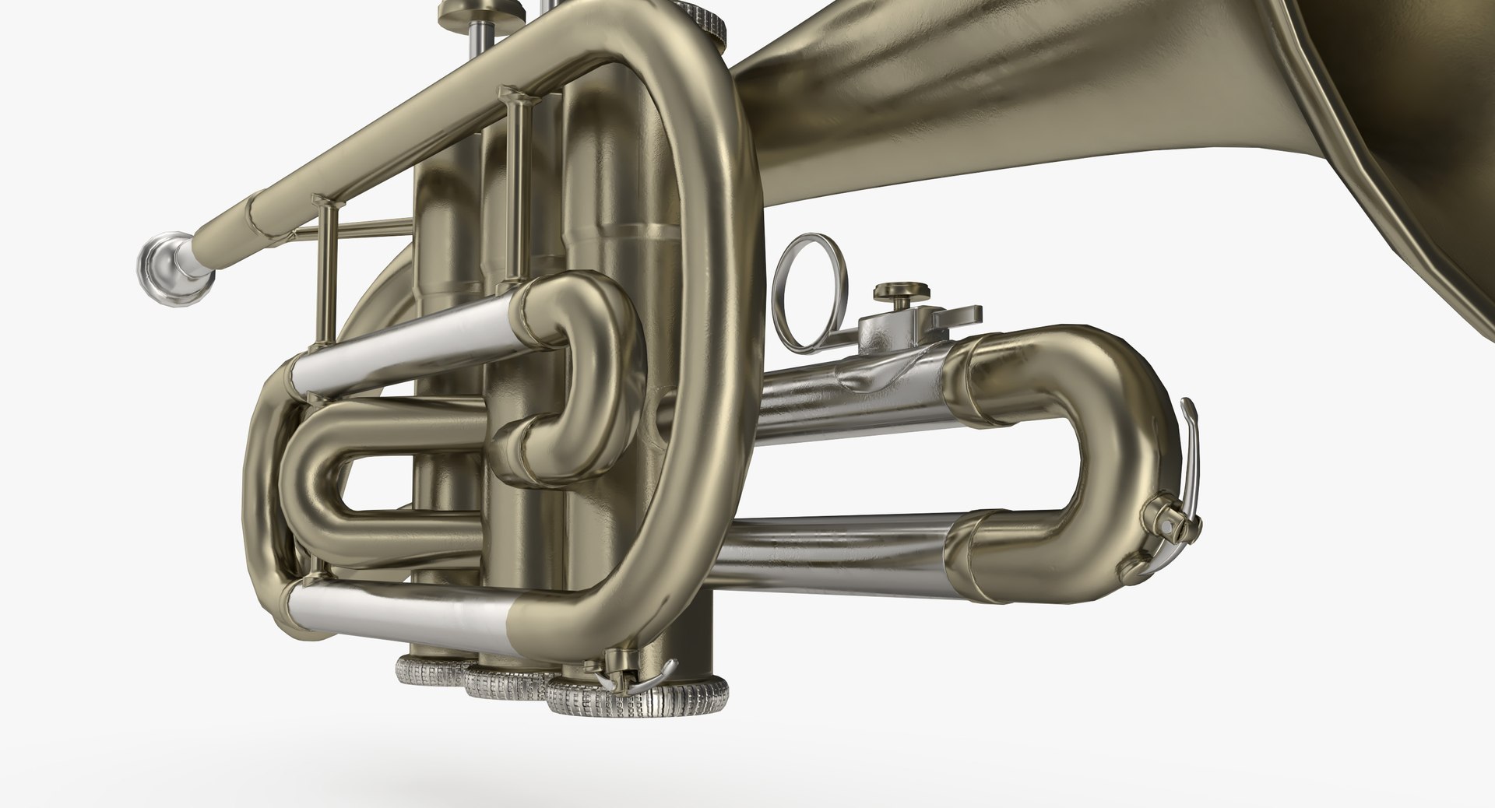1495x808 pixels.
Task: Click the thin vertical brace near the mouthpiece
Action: (x=325, y=272)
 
